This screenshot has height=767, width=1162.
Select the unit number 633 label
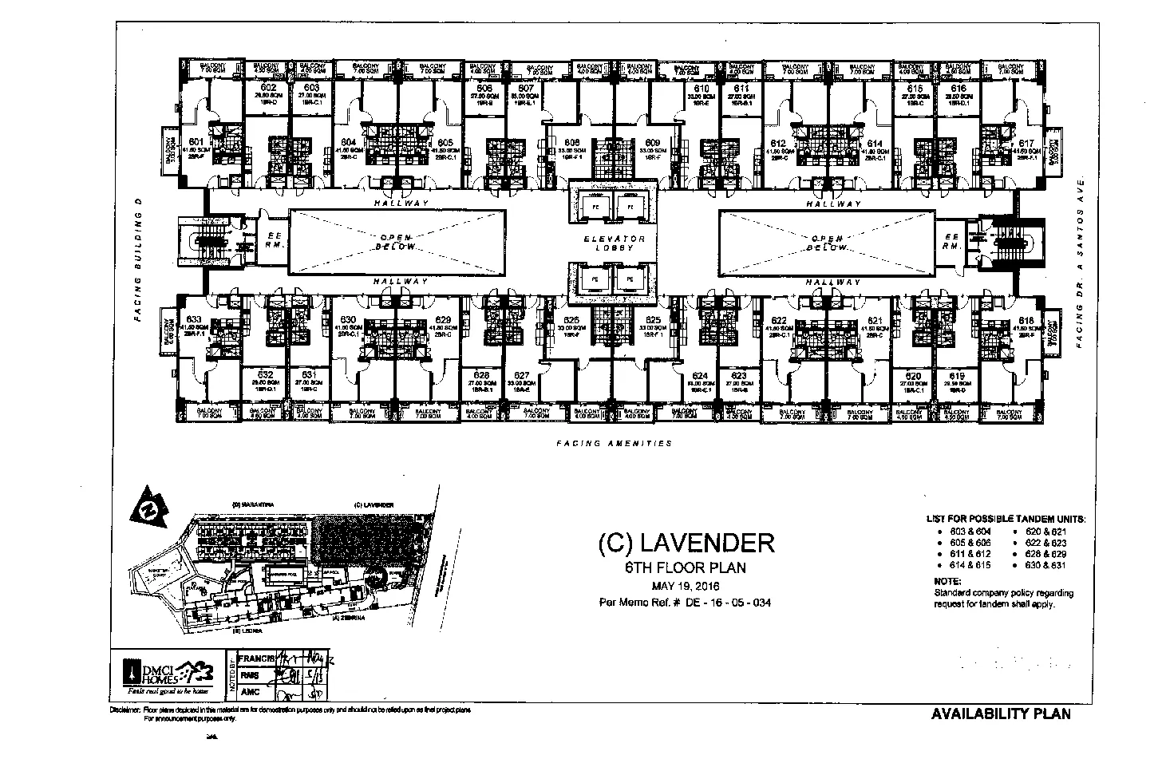[194, 321]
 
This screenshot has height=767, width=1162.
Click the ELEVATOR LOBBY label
[613, 243]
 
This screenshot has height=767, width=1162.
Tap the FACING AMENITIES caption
[614, 444]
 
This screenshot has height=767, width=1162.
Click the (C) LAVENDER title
[686, 544]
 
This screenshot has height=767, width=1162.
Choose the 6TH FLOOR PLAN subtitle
[686, 568]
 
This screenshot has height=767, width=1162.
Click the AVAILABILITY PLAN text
[1001, 714]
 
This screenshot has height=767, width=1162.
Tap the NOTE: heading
[947, 582]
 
